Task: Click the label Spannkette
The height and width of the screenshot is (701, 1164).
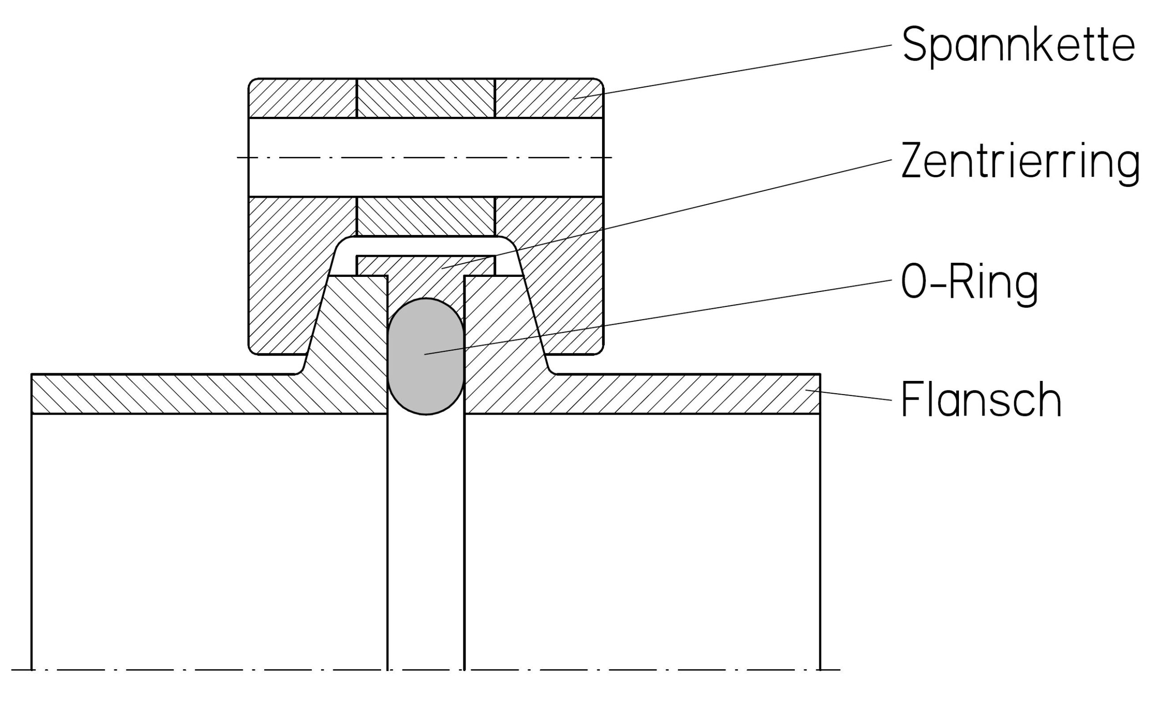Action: (1018, 45)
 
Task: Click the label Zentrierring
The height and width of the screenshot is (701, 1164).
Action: (1020, 161)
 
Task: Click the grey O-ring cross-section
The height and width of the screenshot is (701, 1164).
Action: (426, 357)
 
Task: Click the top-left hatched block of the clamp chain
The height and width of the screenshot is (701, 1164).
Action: (302, 98)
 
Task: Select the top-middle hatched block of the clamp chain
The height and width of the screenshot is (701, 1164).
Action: (426, 98)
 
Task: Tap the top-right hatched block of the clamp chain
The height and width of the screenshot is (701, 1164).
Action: (548, 98)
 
